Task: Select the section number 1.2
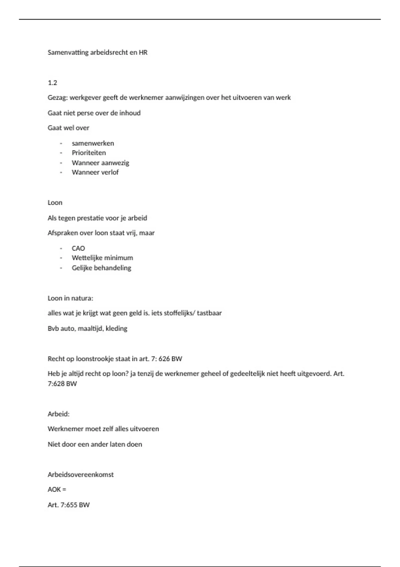point(52,83)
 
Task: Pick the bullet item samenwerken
point(93,143)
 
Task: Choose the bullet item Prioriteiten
point(89,153)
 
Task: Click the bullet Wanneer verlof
point(95,172)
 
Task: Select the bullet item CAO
point(78,248)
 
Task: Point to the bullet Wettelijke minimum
point(102,258)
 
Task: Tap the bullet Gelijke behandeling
point(101,268)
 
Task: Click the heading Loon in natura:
point(70,298)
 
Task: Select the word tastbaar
point(209,313)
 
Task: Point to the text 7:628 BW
point(62,384)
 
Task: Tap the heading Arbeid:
point(59,414)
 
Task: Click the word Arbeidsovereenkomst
point(81,475)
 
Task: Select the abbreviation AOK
point(54,490)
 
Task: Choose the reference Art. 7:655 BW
point(69,505)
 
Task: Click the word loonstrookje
point(95,359)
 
